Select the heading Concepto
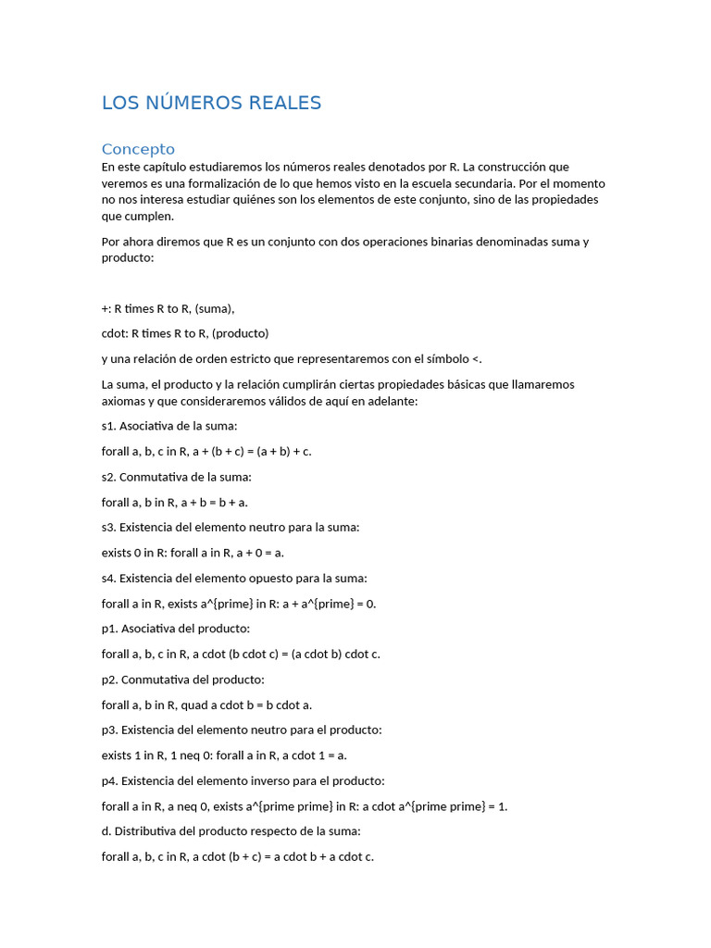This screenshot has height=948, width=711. pos(138,149)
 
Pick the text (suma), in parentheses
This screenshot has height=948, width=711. pos(215,308)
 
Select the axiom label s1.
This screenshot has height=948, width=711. pos(108,426)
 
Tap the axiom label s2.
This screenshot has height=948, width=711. pos(108,477)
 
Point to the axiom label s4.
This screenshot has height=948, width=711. pos(108,578)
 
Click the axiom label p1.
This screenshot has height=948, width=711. pos(109,629)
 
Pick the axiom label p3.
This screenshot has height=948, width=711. pos(109,730)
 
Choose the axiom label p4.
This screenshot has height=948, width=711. pos(109,780)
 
